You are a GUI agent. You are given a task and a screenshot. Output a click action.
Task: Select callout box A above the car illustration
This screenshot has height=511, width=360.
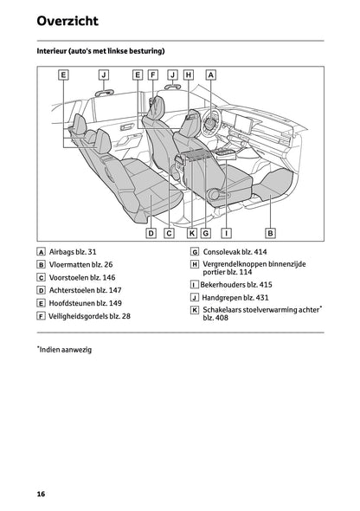210,75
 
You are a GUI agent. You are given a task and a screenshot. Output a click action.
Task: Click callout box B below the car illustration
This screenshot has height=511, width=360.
270,233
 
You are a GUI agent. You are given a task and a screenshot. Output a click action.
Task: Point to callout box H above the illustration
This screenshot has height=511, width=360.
189,75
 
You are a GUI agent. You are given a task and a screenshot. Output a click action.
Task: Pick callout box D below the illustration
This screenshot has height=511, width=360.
151,233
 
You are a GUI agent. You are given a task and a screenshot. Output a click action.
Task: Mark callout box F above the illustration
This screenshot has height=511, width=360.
152,75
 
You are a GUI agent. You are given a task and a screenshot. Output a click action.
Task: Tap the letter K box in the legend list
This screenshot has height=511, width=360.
195,310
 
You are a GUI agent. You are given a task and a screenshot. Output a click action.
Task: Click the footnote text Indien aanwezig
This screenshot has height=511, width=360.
66,349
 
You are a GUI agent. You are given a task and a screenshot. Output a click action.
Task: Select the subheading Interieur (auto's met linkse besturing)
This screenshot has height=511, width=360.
100,52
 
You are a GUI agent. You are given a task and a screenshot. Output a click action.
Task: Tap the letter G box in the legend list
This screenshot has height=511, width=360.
195,252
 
